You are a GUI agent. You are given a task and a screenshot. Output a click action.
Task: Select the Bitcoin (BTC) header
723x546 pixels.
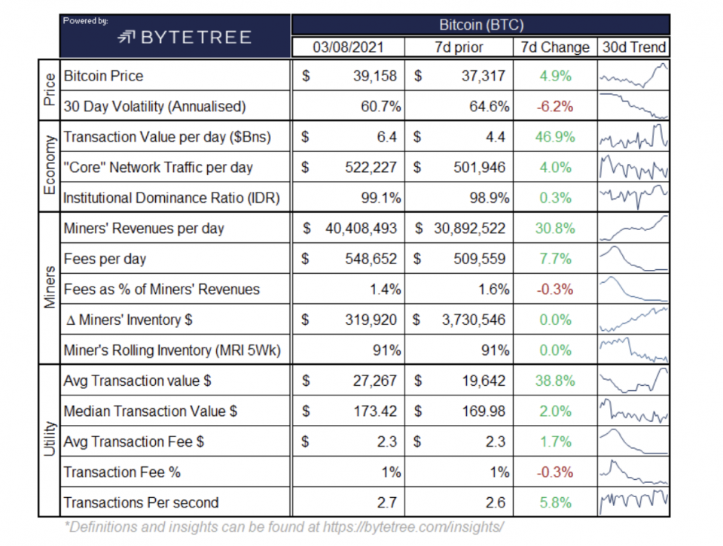(x=480, y=24)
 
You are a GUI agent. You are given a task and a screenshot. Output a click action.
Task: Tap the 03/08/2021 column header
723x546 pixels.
(x=348, y=47)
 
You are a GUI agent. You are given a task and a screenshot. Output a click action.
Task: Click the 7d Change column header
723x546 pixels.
(x=555, y=47)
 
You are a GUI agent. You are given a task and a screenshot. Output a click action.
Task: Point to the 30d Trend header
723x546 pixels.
(x=634, y=47)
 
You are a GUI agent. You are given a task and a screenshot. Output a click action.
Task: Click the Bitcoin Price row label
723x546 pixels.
(x=104, y=76)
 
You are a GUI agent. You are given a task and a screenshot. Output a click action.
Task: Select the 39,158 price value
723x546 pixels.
(x=370, y=76)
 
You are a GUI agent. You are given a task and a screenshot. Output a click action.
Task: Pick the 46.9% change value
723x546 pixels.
(x=556, y=137)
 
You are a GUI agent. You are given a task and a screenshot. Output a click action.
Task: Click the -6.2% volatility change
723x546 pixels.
(x=555, y=107)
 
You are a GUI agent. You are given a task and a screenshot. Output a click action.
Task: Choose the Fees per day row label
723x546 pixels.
(x=105, y=259)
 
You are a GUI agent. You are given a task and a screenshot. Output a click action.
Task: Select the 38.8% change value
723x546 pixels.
(x=556, y=381)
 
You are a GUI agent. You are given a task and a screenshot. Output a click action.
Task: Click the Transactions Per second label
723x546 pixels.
(x=142, y=502)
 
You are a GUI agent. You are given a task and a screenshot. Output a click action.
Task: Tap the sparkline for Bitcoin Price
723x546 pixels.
(x=633, y=76)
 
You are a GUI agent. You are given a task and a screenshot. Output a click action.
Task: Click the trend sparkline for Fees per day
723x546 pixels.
(x=633, y=259)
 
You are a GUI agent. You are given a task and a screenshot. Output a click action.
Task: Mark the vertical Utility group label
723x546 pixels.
(x=49, y=441)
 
